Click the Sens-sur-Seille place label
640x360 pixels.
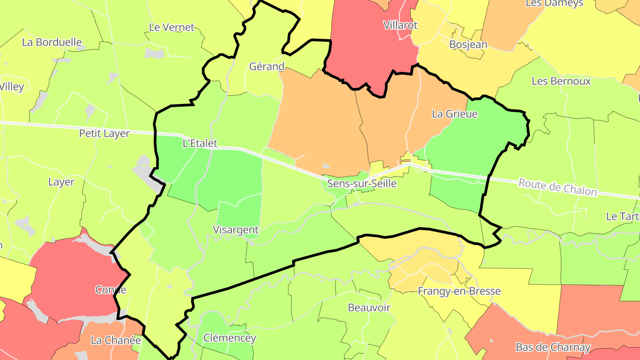click(x=361, y=183)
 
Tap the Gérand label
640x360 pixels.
click(x=267, y=67)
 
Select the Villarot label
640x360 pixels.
click(x=400, y=25)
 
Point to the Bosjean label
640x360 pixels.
click(x=468, y=44)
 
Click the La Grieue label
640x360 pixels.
click(x=455, y=114)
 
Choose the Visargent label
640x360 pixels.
click(x=236, y=230)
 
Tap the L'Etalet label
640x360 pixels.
click(x=200, y=143)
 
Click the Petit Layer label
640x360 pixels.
click(x=104, y=133)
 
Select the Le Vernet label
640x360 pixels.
click(x=172, y=27)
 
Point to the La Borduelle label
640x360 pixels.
click(x=52, y=42)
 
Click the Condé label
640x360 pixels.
click(x=111, y=290)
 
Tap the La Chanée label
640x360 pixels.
click(x=116, y=340)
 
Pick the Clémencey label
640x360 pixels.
click(x=229, y=338)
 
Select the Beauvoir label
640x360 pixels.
click(x=369, y=308)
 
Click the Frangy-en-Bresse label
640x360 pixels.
click(x=459, y=291)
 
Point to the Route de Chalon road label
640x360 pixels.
click(x=557, y=187)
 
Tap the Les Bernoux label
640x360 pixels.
click(x=561, y=81)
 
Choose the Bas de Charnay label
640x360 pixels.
click(x=553, y=347)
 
